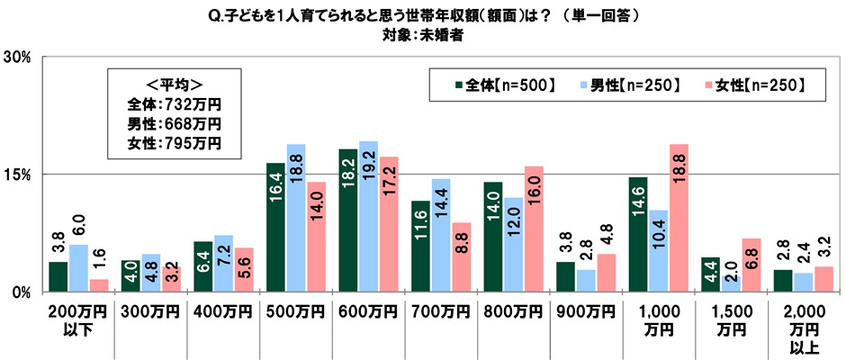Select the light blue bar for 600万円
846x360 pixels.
pos(368,217)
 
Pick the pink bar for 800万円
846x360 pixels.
pos(534,229)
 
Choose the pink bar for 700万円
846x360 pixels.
pos(461,257)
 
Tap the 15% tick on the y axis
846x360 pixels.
pos(20,174)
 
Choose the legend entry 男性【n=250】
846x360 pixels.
pos(630,85)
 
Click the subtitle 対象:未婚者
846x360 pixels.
pos(422,38)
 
